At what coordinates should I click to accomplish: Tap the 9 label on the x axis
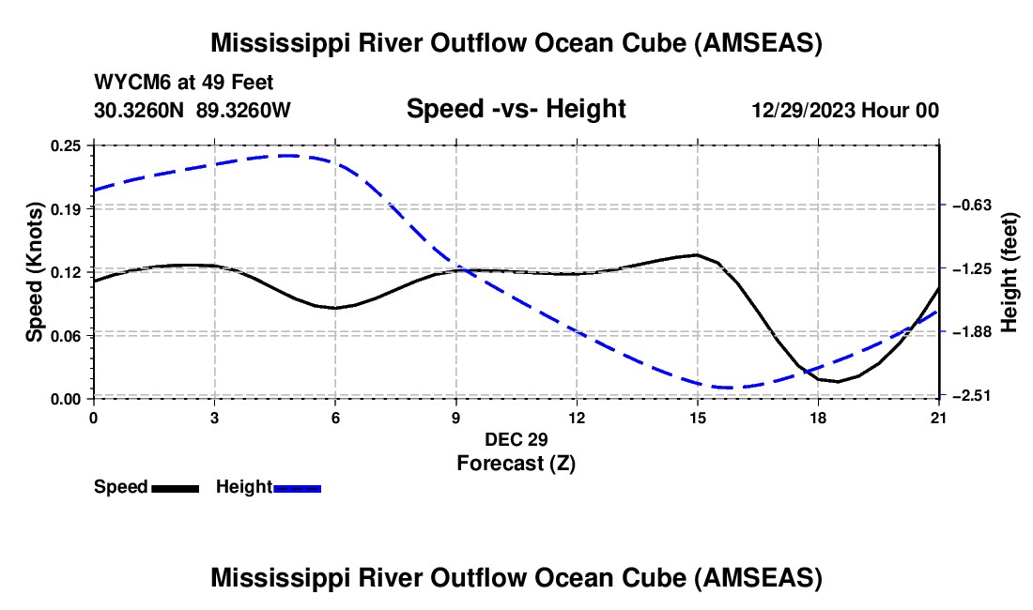(x=456, y=418)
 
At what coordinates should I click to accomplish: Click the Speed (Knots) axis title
(x=34, y=272)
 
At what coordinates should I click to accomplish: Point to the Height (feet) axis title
(x=1010, y=272)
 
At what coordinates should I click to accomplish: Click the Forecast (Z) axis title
(x=516, y=463)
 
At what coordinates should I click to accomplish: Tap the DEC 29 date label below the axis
(x=516, y=439)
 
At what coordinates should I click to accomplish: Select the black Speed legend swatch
(x=175, y=488)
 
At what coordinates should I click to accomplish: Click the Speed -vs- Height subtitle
(x=516, y=109)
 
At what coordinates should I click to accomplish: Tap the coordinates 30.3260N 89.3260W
(x=193, y=110)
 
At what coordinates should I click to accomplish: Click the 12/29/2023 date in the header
(x=802, y=110)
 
